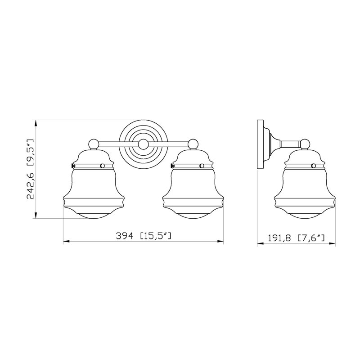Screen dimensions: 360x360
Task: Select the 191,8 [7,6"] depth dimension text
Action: coord(296,238)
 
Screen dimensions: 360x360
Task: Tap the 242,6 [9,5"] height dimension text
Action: coord(31,169)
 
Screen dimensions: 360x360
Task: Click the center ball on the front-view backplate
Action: coord(144,144)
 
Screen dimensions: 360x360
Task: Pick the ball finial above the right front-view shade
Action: coord(193,144)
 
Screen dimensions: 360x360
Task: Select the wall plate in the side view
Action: coord(260,144)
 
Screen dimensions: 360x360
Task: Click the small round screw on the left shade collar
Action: coord(103,166)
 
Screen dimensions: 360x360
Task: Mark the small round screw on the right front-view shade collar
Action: coord(202,166)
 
